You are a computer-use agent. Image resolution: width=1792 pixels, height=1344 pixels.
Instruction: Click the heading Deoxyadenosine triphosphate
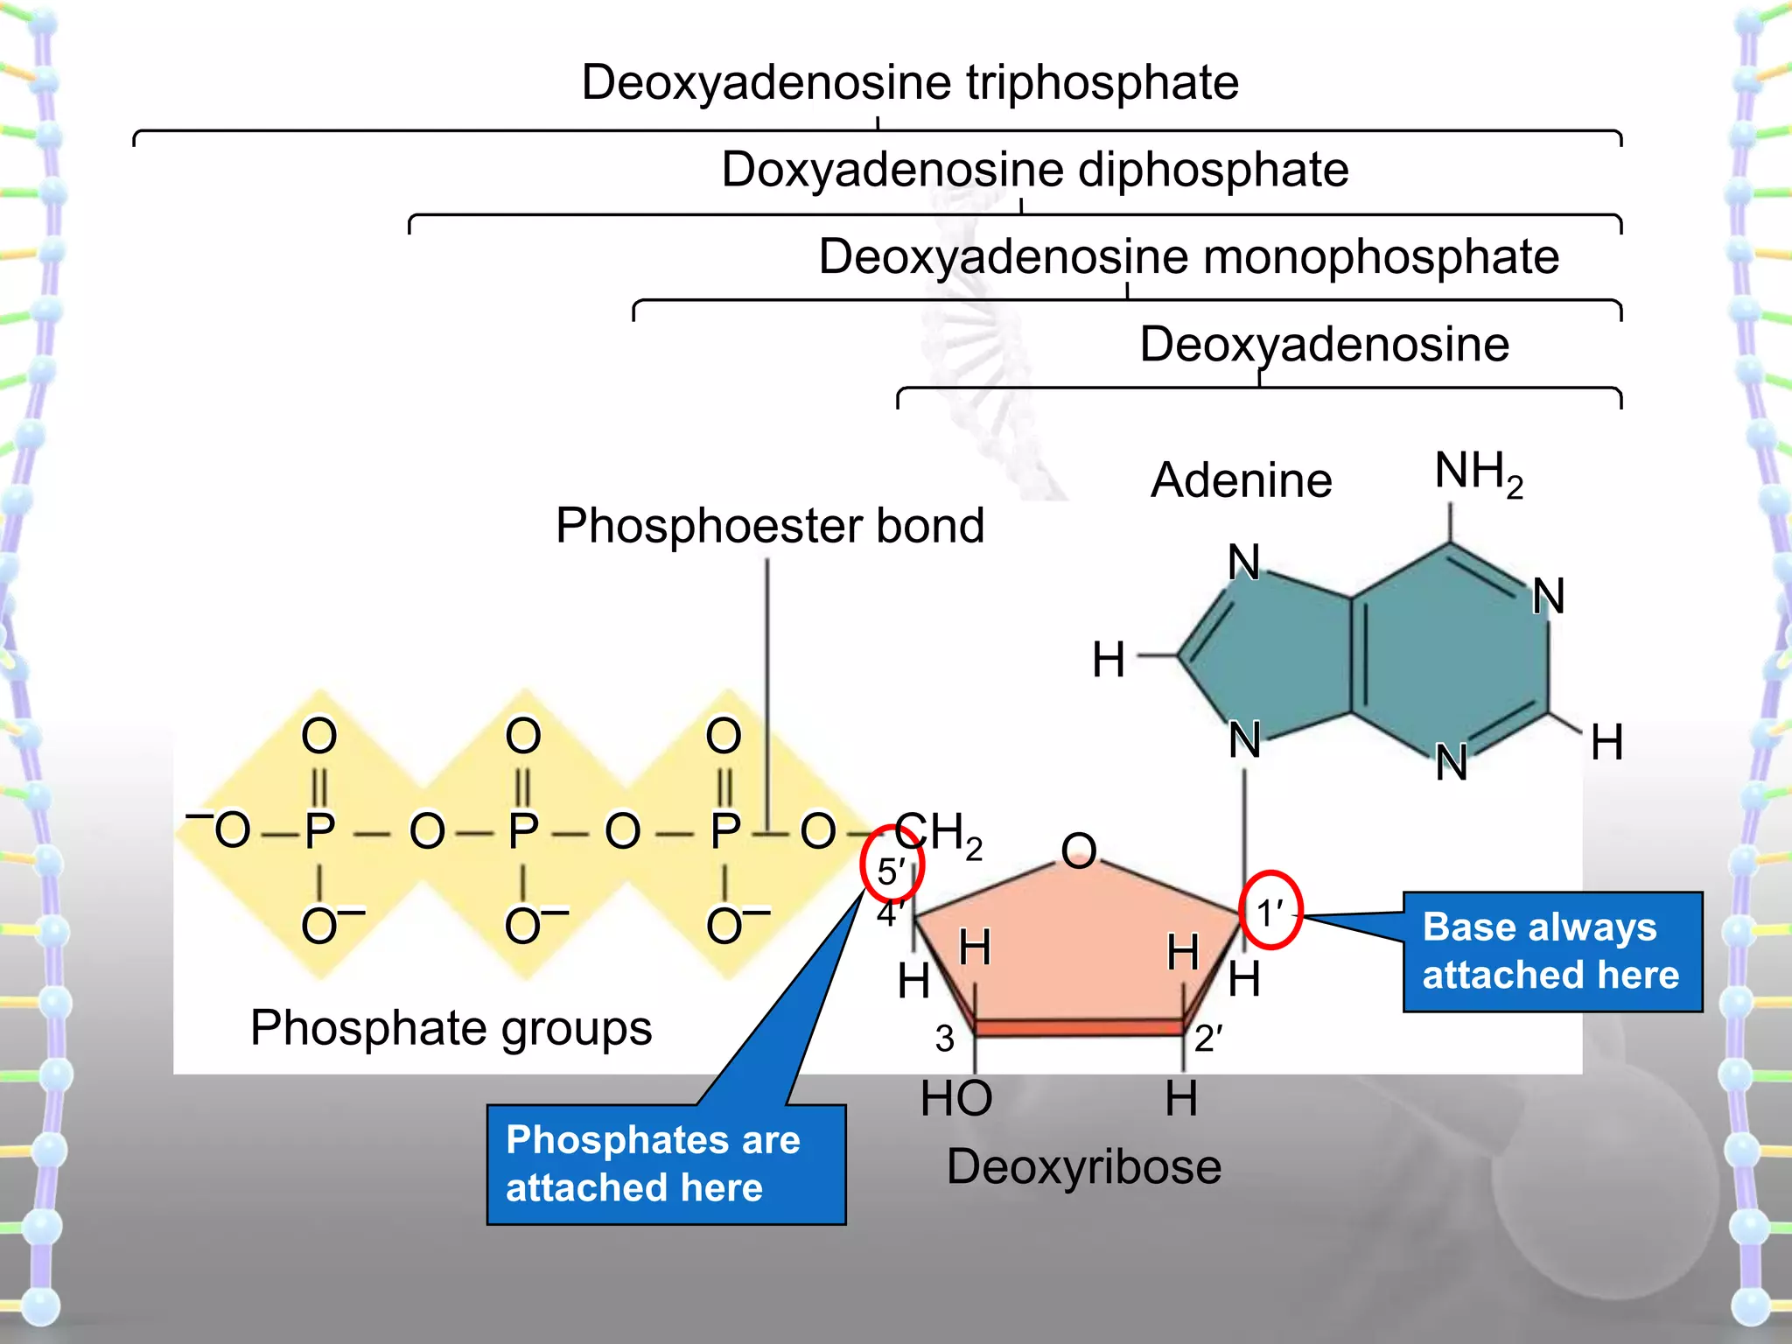910,82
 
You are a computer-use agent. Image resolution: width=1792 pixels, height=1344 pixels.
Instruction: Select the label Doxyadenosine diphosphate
1034,169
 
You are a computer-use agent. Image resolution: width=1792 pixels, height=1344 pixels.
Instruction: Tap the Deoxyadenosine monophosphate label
1188,256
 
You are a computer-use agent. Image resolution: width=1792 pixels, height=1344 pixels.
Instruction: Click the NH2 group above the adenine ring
1477,472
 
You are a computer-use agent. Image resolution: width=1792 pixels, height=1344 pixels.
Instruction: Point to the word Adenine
1241,480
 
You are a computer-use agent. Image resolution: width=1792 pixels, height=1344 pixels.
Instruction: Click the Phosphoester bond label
770,525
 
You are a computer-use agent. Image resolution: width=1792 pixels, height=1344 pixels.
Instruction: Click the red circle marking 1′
1270,911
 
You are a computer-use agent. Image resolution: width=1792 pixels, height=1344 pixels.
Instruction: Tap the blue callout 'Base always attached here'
1551,951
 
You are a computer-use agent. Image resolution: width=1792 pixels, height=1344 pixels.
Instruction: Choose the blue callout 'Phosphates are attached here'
665,1164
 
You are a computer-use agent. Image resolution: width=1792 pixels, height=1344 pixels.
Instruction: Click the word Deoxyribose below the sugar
1083,1166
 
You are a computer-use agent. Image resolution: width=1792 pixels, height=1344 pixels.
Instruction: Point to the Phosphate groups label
451,1027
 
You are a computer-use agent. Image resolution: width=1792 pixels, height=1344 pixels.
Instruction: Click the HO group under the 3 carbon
955,1098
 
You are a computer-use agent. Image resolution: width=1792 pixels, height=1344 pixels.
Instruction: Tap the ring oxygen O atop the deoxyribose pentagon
1078,850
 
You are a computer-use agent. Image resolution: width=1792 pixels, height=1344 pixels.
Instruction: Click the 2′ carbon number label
1207,1039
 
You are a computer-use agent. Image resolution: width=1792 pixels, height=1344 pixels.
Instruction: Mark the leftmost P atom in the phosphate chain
319,830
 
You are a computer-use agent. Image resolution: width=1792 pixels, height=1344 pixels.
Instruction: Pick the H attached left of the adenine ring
1108,660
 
